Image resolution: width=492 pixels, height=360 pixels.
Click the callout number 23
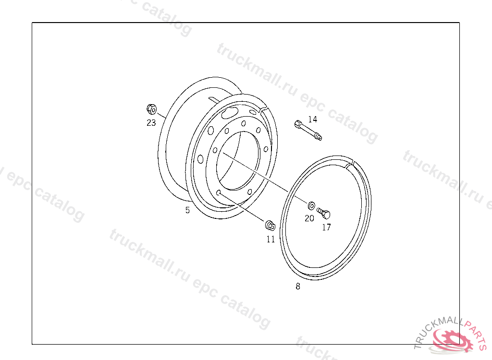click(151, 122)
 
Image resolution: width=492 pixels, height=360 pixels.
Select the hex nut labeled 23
click(151, 109)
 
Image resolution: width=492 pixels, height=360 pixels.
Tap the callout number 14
click(312, 119)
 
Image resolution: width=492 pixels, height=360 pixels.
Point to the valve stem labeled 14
click(308, 130)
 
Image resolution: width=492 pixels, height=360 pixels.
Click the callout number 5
click(187, 210)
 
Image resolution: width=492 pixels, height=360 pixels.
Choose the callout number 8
click(298, 286)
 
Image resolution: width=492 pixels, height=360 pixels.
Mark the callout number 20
click(309, 218)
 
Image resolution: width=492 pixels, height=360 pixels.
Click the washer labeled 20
click(311, 206)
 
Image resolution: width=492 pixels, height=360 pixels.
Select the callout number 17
click(326, 228)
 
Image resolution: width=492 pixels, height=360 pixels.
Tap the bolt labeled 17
click(323, 214)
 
